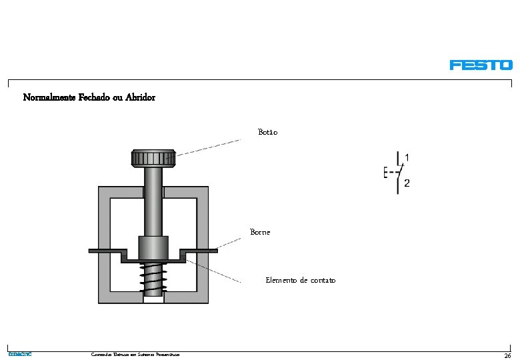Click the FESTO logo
(x=481, y=65)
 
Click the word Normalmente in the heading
(x=44, y=97)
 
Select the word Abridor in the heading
(x=140, y=97)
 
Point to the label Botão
(x=268, y=132)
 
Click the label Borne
(x=260, y=232)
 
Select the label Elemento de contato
(x=300, y=280)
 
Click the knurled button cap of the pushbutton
(x=153, y=159)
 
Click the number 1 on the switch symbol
(x=407, y=158)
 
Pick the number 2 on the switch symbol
(x=407, y=183)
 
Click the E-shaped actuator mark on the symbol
(x=387, y=172)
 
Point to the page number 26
(x=507, y=355)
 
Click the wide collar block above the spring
(x=153, y=248)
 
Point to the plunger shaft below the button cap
(x=153, y=200)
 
